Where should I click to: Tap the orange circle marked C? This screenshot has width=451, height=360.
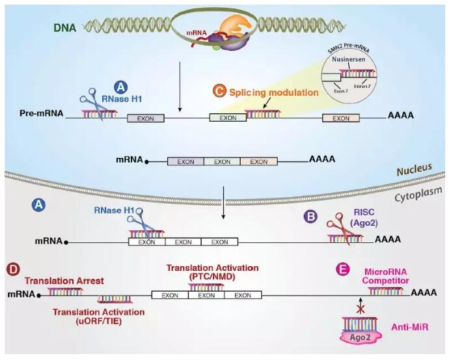pos(219,92)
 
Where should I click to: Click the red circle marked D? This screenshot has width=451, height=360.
pos(12,269)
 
